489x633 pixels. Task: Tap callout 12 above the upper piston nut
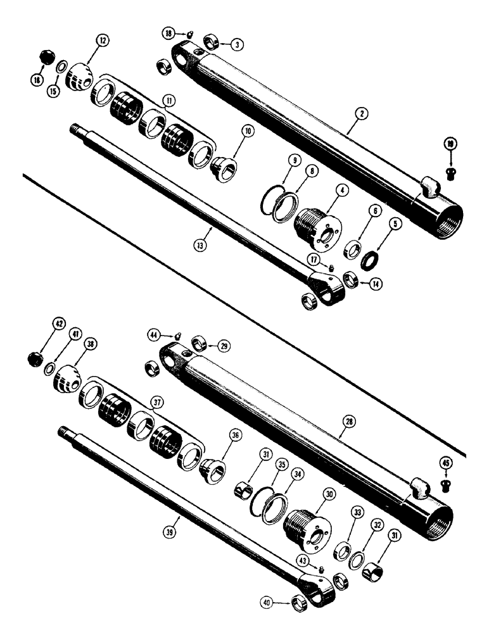[102, 42]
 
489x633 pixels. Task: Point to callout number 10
[247, 132]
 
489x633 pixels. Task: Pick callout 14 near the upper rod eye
[376, 284]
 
